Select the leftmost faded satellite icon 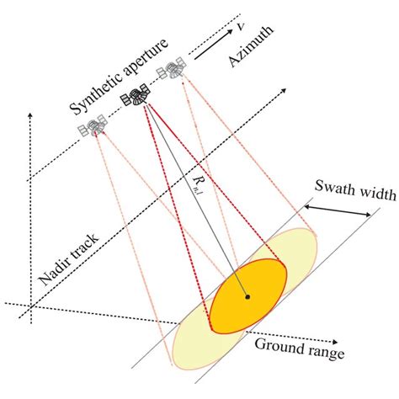pyautogui.click(x=93, y=127)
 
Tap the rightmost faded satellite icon pyautogui.click(x=174, y=69)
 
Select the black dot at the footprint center pyautogui.click(x=247, y=296)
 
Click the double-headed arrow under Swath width pyautogui.click(x=342, y=211)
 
